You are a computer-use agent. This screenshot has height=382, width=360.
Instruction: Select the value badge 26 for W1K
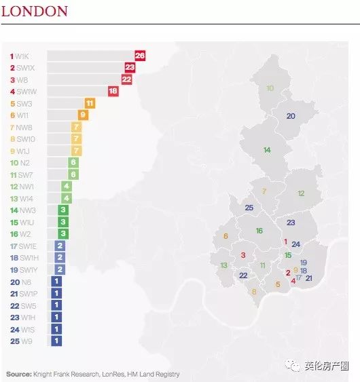click(140, 56)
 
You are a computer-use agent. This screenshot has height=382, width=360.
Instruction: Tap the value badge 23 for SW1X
click(130, 67)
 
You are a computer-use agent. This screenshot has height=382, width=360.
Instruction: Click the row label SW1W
click(27, 92)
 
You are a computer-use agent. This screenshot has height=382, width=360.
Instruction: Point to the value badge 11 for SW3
click(90, 103)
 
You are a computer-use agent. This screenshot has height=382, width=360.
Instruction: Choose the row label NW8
click(24, 127)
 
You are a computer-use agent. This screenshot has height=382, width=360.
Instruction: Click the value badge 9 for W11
click(83, 115)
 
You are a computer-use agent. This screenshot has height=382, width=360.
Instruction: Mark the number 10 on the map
click(270, 88)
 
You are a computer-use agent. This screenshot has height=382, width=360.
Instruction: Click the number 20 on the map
click(291, 116)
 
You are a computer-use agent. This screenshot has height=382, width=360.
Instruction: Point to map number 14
click(267, 150)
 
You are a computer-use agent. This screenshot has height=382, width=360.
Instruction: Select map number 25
click(249, 208)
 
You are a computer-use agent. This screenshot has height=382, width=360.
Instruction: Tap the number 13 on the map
click(223, 265)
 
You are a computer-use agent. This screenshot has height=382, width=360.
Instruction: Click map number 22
click(243, 275)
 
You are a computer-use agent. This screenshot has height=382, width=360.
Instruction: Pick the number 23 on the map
click(291, 223)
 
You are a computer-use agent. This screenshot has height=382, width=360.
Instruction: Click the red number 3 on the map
click(242, 255)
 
